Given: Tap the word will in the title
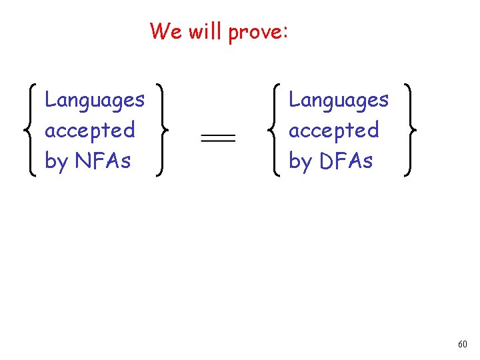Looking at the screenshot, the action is tap(205, 31).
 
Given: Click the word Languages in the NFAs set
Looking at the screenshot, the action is tap(95, 101).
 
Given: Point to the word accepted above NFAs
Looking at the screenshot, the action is tap(89, 130).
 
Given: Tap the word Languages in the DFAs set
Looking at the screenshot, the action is tap(339, 101).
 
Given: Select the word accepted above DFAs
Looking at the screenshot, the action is tap(333, 130).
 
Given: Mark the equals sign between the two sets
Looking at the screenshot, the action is tap(218, 138).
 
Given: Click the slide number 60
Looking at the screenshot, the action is tap(462, 345).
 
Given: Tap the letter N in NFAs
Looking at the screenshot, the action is tap(83, 161).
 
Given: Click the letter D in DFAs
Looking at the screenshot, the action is tap(327, 161).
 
